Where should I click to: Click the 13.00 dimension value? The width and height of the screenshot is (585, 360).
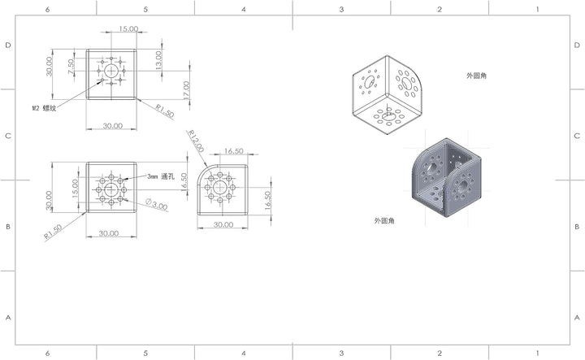pos(158,60)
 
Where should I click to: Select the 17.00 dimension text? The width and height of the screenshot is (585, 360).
pos(186,90)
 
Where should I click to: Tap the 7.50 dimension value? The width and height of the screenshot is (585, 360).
pos(71,67)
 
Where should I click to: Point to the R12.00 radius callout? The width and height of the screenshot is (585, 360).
pos(196,141)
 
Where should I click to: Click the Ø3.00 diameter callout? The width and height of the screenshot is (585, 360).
pos(157,204)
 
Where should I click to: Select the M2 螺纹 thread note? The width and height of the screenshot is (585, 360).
pos(44,108)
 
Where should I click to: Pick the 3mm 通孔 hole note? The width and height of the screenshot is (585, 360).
pos(160,176)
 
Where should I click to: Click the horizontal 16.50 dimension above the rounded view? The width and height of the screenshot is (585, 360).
pos(233,151)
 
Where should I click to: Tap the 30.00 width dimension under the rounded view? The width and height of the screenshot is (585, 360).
pos(223,224)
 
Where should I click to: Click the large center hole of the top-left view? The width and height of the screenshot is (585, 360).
pos(111,71)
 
